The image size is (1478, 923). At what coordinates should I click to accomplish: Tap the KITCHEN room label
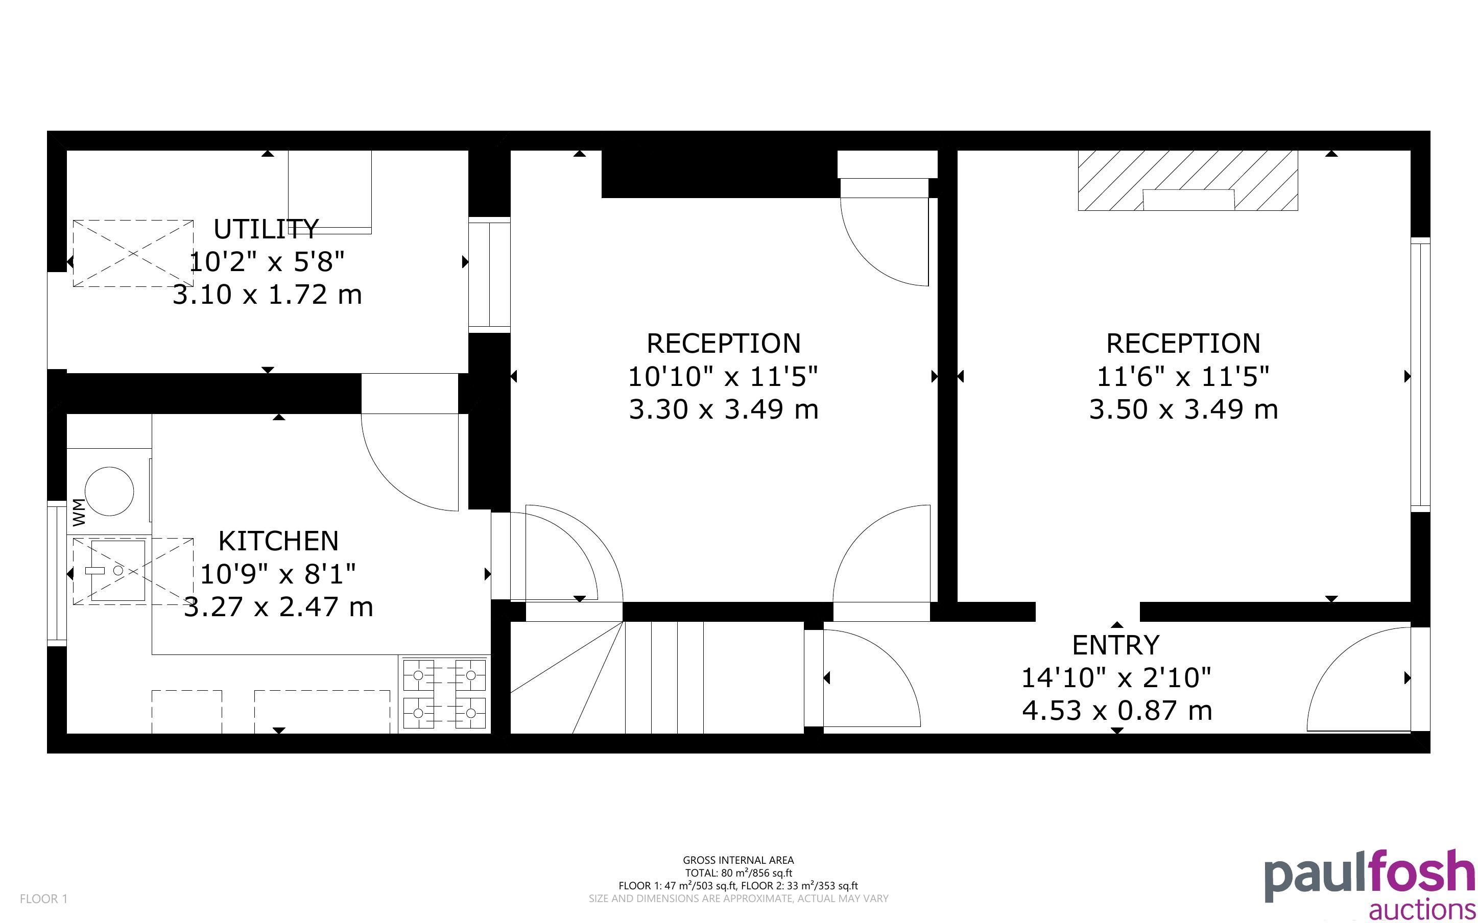click(x=278, y=541)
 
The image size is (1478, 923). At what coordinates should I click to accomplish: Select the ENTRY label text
click(x=1116, y=645)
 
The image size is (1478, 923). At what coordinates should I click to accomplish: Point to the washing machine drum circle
click(x=109, y=492)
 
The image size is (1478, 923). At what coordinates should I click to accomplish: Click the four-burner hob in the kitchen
click(x=444, y=695)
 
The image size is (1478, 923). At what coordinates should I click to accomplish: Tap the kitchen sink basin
click(x=118, y=571)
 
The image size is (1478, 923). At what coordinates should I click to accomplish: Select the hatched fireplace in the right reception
click(x=1188, y=181)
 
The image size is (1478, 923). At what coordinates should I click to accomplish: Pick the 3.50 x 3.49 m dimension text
click(x=1184, y=409)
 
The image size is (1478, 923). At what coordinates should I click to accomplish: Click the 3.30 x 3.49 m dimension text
click(x=724, y=409)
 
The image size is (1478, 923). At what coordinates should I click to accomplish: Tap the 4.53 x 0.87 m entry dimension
click(x=1116, y=711)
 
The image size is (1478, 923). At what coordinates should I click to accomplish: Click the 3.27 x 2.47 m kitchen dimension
click(x=278, y=607)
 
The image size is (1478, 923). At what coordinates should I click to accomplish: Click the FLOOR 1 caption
click(x=44, y=898)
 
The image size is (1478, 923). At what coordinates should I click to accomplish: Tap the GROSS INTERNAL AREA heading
click(x=738, y=860)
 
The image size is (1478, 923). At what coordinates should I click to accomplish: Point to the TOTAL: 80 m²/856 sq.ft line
click(x=738, y=873)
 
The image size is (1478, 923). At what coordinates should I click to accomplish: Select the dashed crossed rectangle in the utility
click(x=133, y=253)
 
